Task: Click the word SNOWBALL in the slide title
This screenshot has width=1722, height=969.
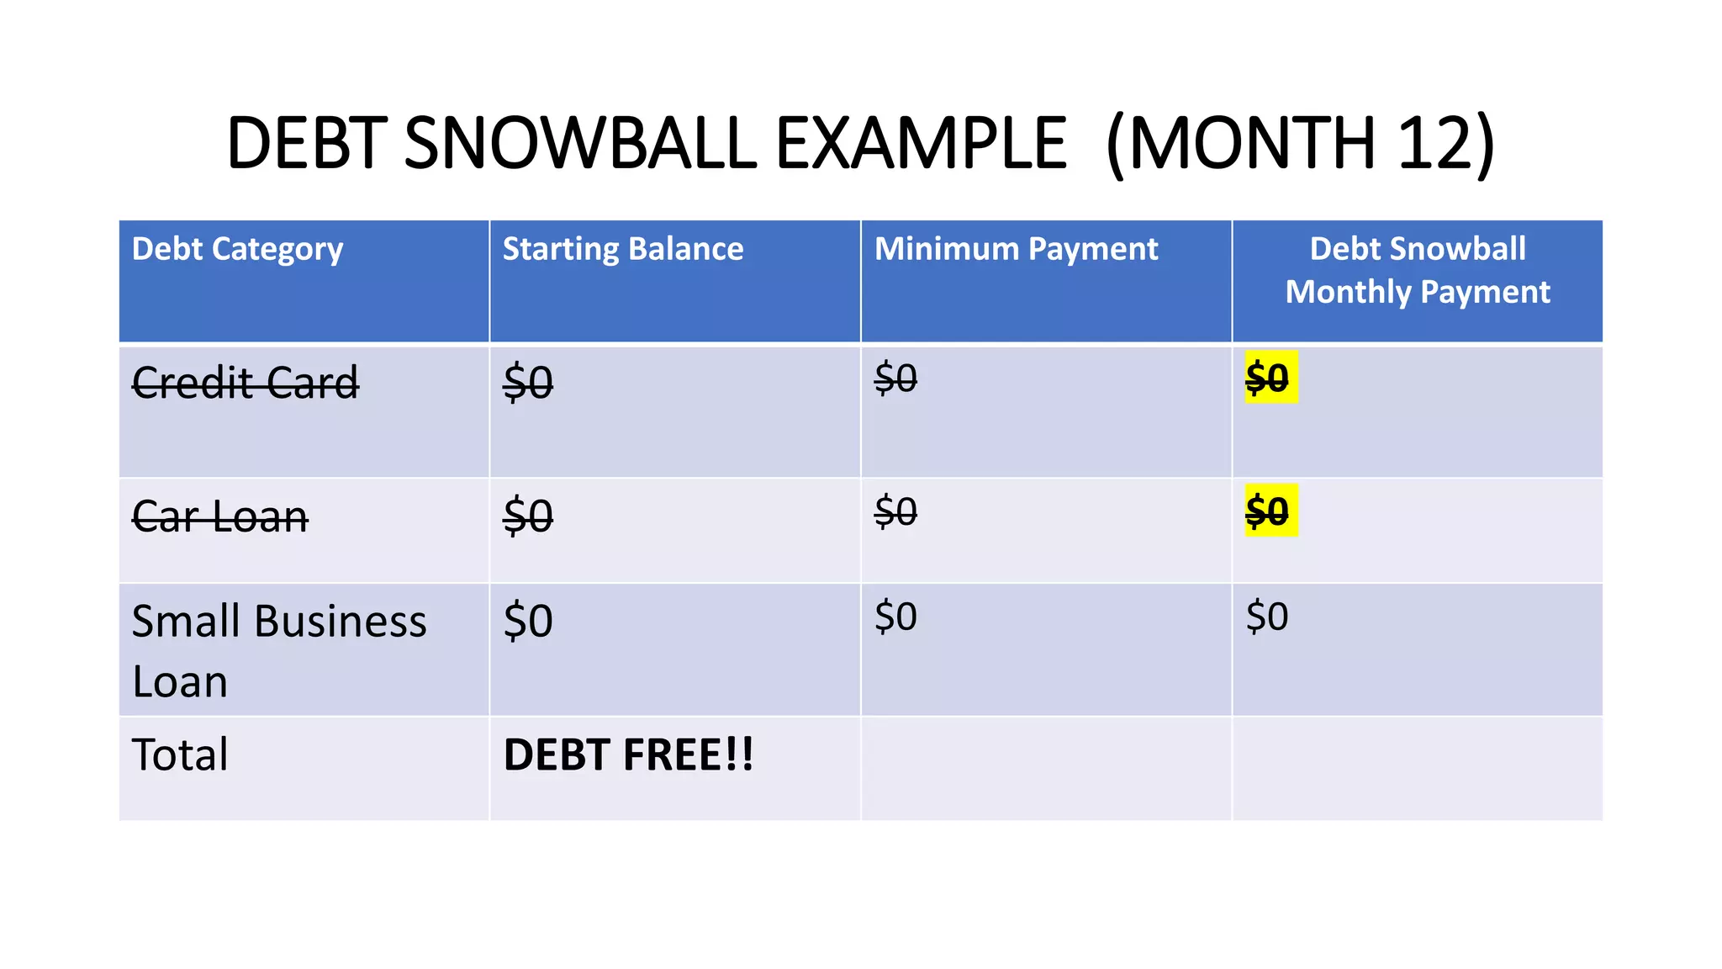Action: point(581,143)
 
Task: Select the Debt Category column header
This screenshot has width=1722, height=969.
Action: point(237,249)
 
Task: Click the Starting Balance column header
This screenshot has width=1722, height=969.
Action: point(622,249)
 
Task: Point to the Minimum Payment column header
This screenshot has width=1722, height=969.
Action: point(1016,249)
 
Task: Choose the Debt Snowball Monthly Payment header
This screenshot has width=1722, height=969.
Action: point(1418,270)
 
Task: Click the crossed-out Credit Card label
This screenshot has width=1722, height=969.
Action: point(246,383)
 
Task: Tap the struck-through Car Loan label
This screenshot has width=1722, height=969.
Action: point(220,516)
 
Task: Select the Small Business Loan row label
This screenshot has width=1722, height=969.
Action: point(278,650)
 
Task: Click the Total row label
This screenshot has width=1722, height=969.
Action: point(180,755)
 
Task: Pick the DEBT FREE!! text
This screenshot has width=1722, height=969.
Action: point(628,755)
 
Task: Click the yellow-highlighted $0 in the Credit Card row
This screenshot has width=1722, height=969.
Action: point(1267,378)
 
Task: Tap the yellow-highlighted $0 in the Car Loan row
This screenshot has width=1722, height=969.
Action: point(1267,511)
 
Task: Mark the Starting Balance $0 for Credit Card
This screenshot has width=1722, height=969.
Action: point(528,383)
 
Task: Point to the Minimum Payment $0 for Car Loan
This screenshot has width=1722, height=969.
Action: point(895,511)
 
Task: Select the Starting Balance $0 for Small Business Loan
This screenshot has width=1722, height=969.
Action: point(528,622)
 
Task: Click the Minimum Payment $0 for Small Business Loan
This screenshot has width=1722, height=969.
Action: point(895,617)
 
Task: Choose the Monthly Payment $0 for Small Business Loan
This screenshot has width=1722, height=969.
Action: point(1267,617)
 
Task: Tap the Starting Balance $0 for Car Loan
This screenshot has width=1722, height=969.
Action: point(528,516)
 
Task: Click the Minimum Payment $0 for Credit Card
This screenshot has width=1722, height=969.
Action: point(895,378)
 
